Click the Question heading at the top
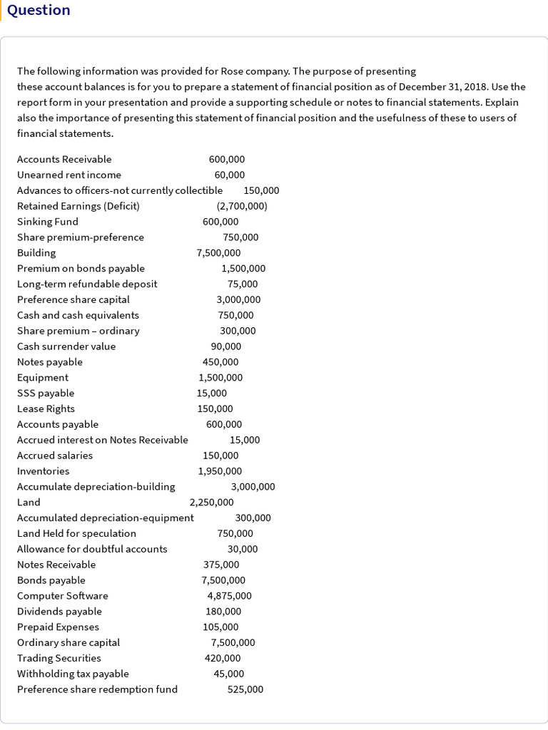pos(39,10)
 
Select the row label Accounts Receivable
pos(64,159)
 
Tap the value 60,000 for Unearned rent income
pos(229,175)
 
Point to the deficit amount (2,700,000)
pos(242,206)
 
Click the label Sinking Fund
pos(48,222)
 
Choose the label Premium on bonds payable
pos(81,268)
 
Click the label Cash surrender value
pos(66,346)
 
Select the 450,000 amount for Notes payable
pos(220,362)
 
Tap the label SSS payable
pos(46,393)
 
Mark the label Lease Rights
pos(46,408)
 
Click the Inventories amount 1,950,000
pos(220,471)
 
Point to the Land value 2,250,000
pos(211,502)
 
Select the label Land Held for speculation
pos(76,533)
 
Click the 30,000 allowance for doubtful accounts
pos(243,549)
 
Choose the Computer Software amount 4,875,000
pos(229,596)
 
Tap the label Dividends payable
pos(59,612)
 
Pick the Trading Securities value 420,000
pos(223,658)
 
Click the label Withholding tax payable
pos(73,674)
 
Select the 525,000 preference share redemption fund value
pos(245,689)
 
